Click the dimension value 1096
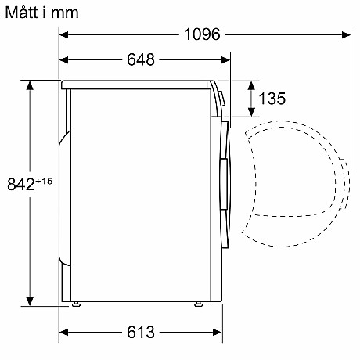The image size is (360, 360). point(202,34)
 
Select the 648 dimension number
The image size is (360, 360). point(141,59)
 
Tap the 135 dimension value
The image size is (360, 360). point(272,99)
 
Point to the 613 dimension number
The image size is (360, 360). point(141,332)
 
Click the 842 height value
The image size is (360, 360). point(21,184)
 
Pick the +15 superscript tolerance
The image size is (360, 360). point(44,181)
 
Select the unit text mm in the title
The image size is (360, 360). point(65,13)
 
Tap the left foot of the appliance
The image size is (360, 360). point(76,304)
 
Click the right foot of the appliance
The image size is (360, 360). point(198,304)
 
